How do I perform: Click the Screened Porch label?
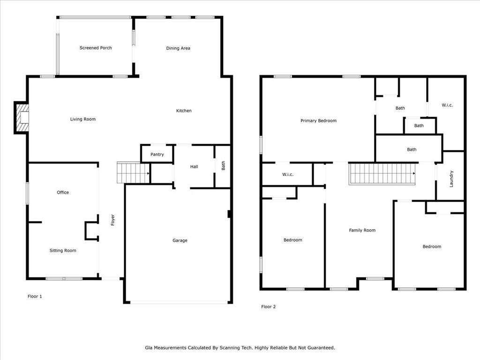(x=96, y=48)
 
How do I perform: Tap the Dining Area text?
(x=178, y=48)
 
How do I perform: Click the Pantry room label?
(x=157, y=154)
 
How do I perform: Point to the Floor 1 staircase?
(x=133, y=173)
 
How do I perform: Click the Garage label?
(x=180, y=240)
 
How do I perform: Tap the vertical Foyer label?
(x=112, y=220)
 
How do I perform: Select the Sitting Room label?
(x=63, y=251)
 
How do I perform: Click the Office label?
(x=63, y=193)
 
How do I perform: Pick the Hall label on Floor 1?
(x=194, y=166)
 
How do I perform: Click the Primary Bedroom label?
(x=318, y=121)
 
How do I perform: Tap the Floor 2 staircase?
(x=382, y=173)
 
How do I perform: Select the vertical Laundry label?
(x=451, y=179)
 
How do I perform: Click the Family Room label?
(x=362, y=230)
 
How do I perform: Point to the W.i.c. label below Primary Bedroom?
(x=287, y=175)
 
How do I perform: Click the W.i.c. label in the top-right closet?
(x=447, y=105)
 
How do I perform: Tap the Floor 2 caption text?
(x=269, y=307)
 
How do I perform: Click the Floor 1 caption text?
(x=35, y=296)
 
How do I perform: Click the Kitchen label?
(x=184, y=111)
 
